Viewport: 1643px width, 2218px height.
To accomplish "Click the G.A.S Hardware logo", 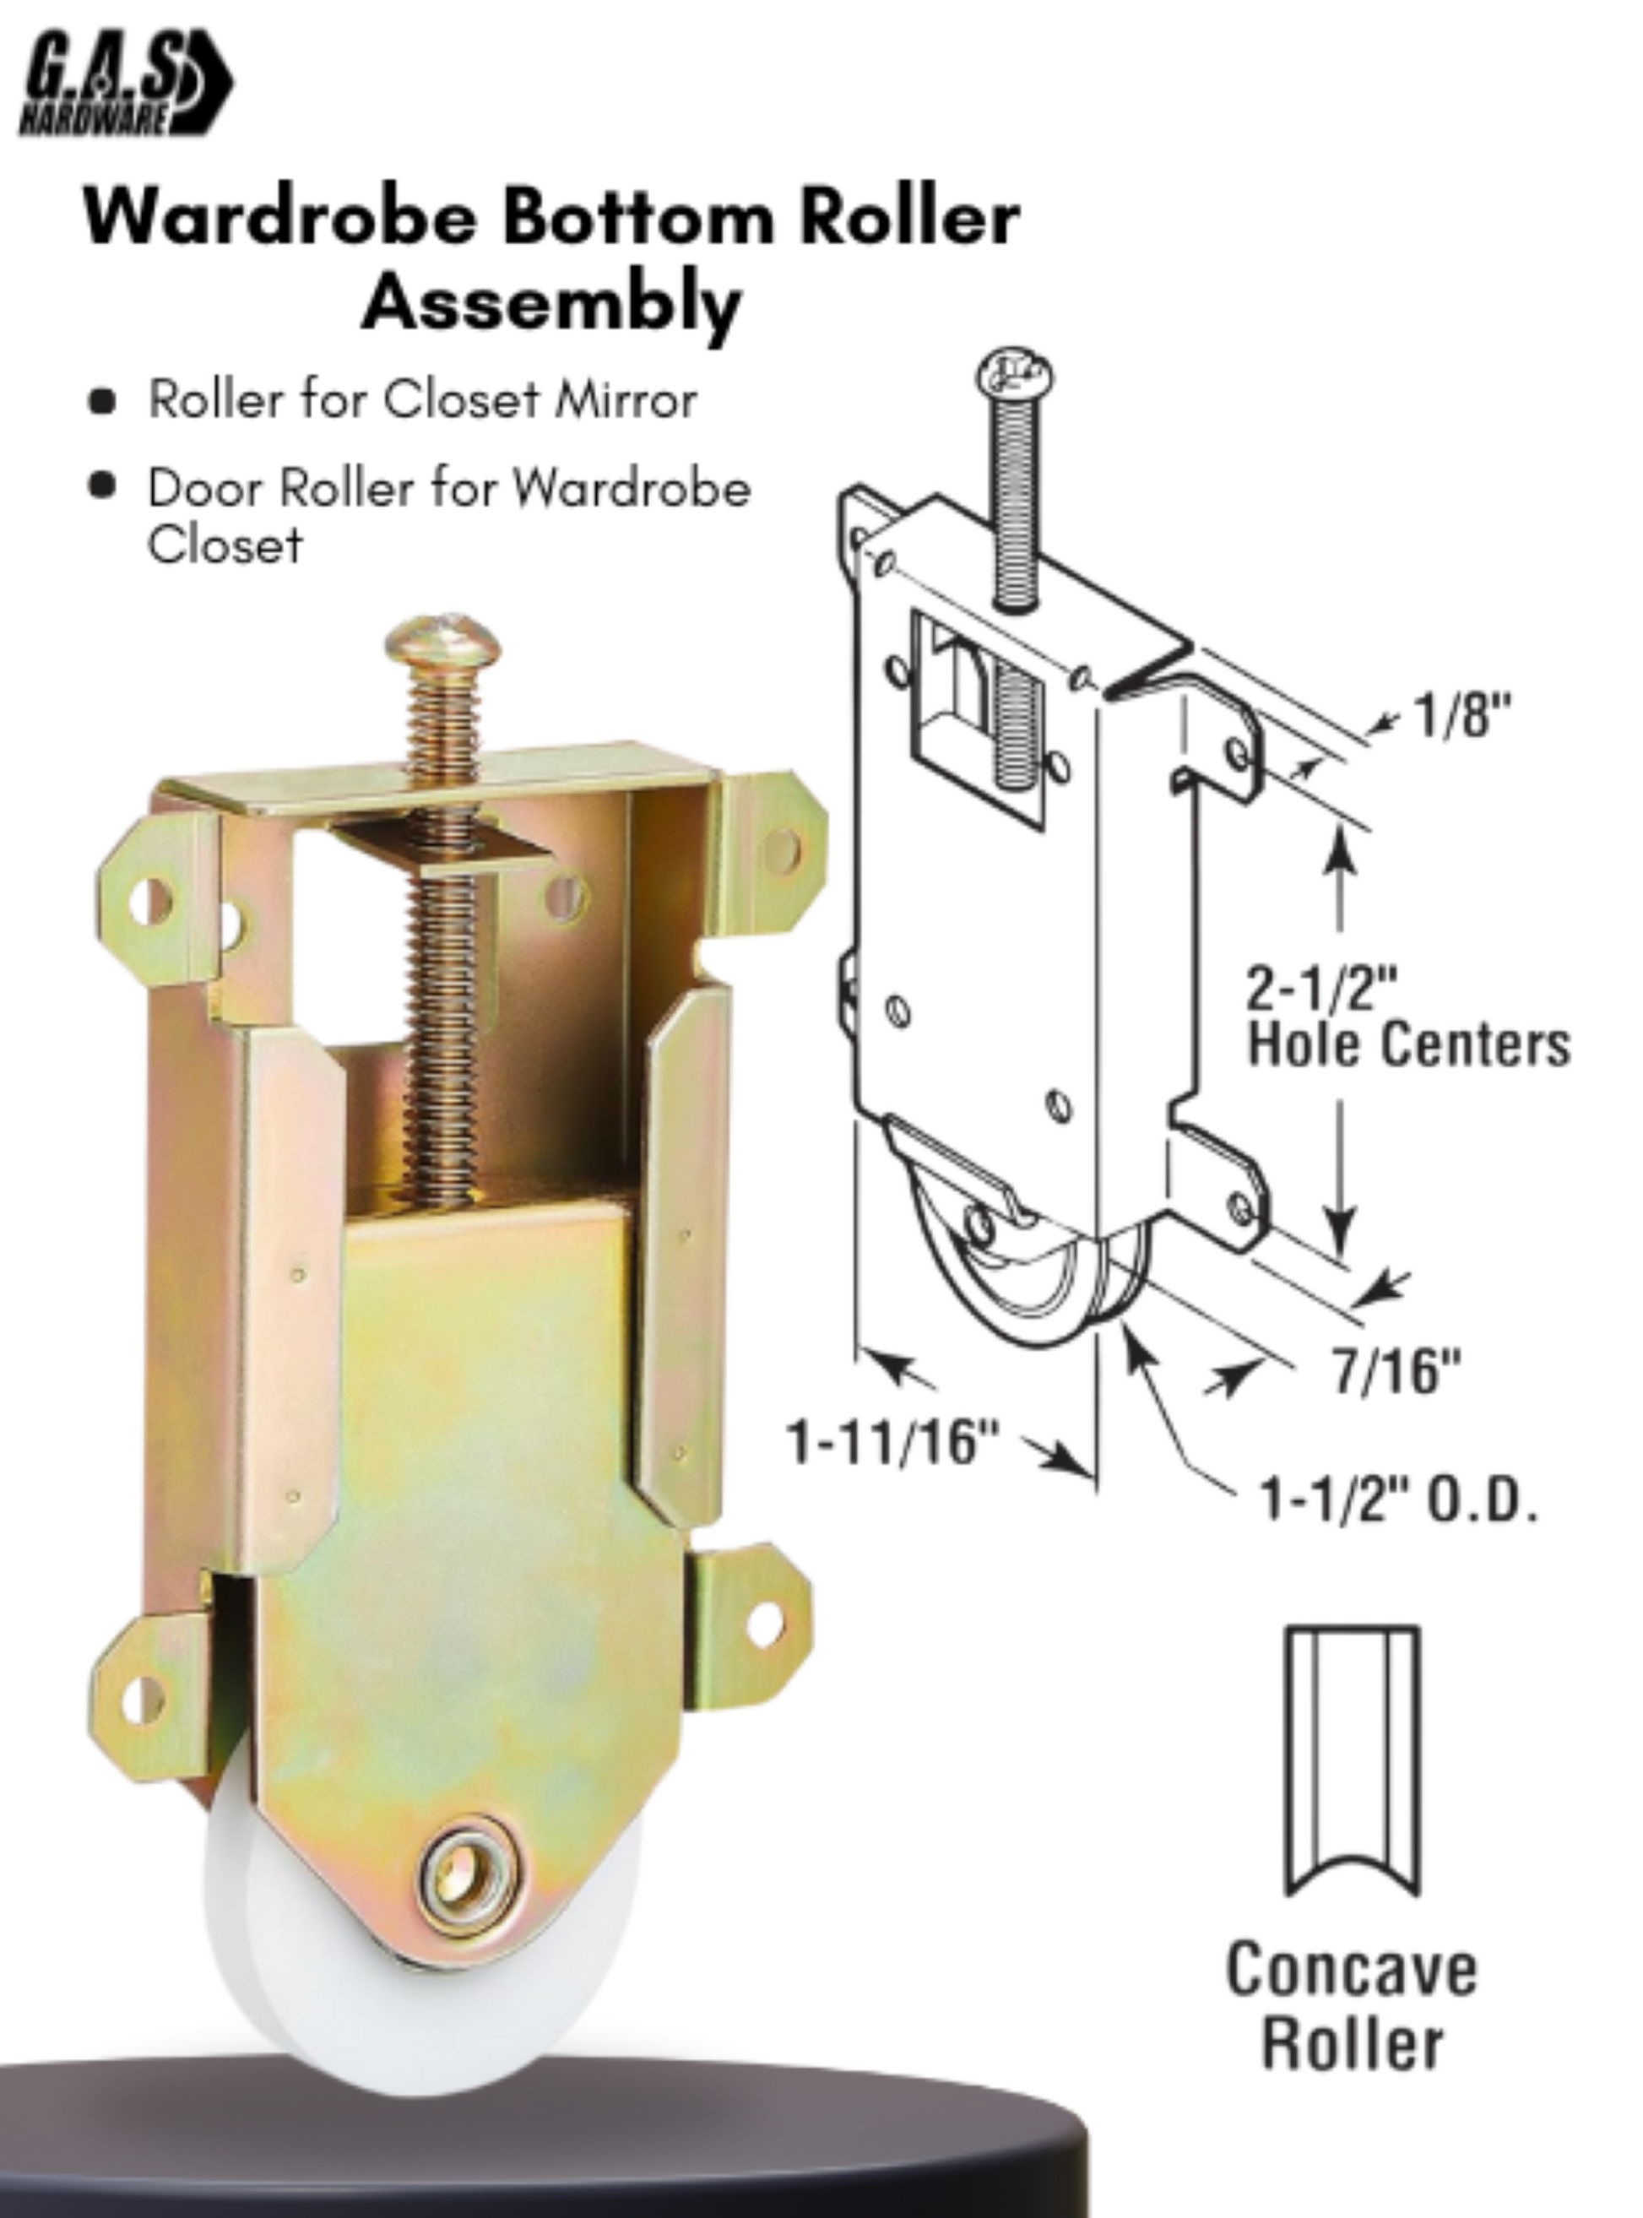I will coord(124,85).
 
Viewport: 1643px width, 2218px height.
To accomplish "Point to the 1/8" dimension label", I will coord(1462,715).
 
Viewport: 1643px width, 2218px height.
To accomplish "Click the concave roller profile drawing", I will coord(1353,1760).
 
